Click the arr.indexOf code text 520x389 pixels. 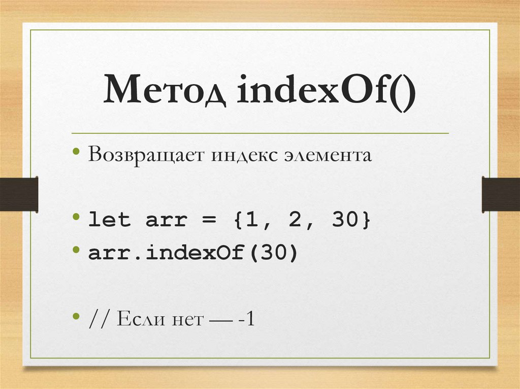click(168, 252)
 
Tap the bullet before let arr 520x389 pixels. click(76, 218)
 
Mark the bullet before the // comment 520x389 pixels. click(76, 316)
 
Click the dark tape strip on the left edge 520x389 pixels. click(19, 194)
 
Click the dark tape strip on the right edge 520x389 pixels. click(501, 194)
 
